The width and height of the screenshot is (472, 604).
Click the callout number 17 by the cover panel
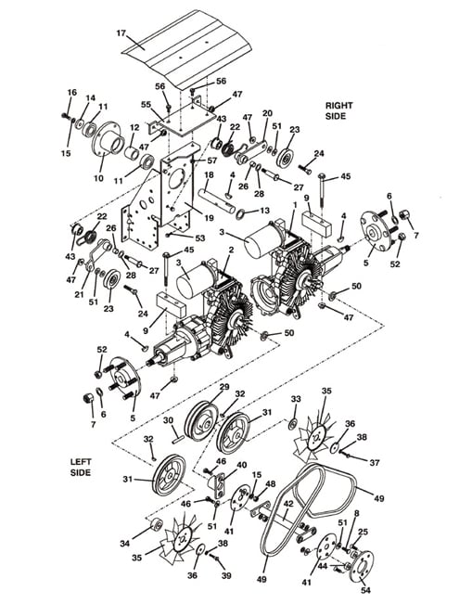(121, 33)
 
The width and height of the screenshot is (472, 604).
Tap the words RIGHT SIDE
(338, 110)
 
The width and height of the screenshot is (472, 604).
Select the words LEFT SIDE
(81, 467)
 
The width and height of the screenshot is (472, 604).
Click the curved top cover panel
(186, 49)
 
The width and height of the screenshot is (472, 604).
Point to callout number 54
(365, 590)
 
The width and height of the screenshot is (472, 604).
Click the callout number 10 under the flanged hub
(98, 178)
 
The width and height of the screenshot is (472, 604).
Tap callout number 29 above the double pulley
(224, 386)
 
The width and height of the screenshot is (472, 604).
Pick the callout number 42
(288, 504)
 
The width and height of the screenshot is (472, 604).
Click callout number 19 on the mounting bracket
(209, 218)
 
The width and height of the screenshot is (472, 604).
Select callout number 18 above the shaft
(209, 174)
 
